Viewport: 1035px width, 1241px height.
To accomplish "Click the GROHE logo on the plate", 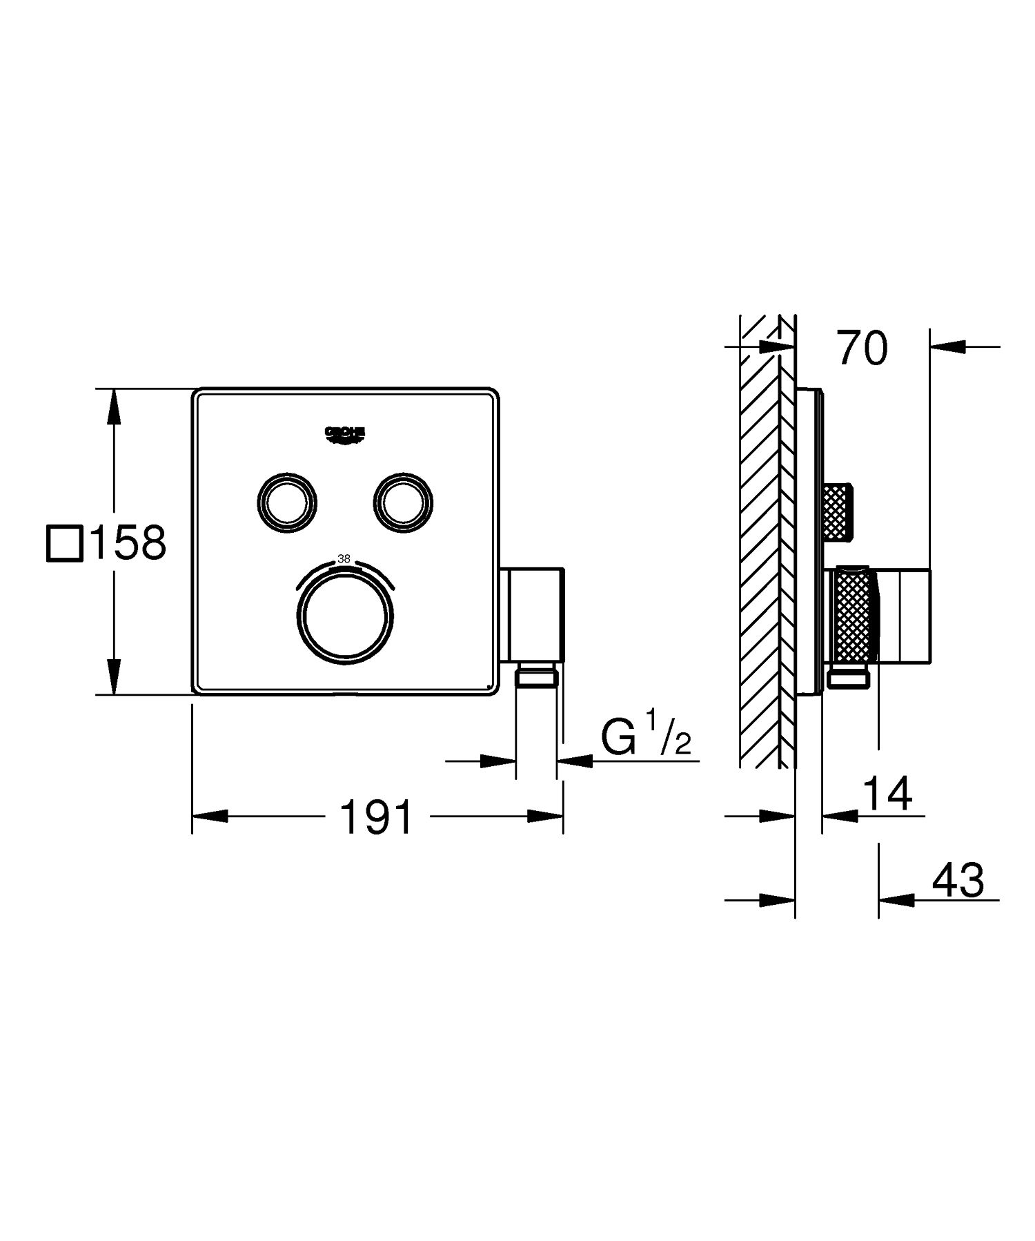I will click(x=344, y=433).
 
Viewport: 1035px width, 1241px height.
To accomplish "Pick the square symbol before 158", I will click(x=64, y=543).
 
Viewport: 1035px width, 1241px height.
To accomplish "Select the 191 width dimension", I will click(x=377, y=817).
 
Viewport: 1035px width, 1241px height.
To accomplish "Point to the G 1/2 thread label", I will click(x=645, y=739).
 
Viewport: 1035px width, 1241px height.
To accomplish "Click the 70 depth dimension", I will click(x=862, y=348).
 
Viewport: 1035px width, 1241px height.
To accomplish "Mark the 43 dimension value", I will click(x=957, y=881).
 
